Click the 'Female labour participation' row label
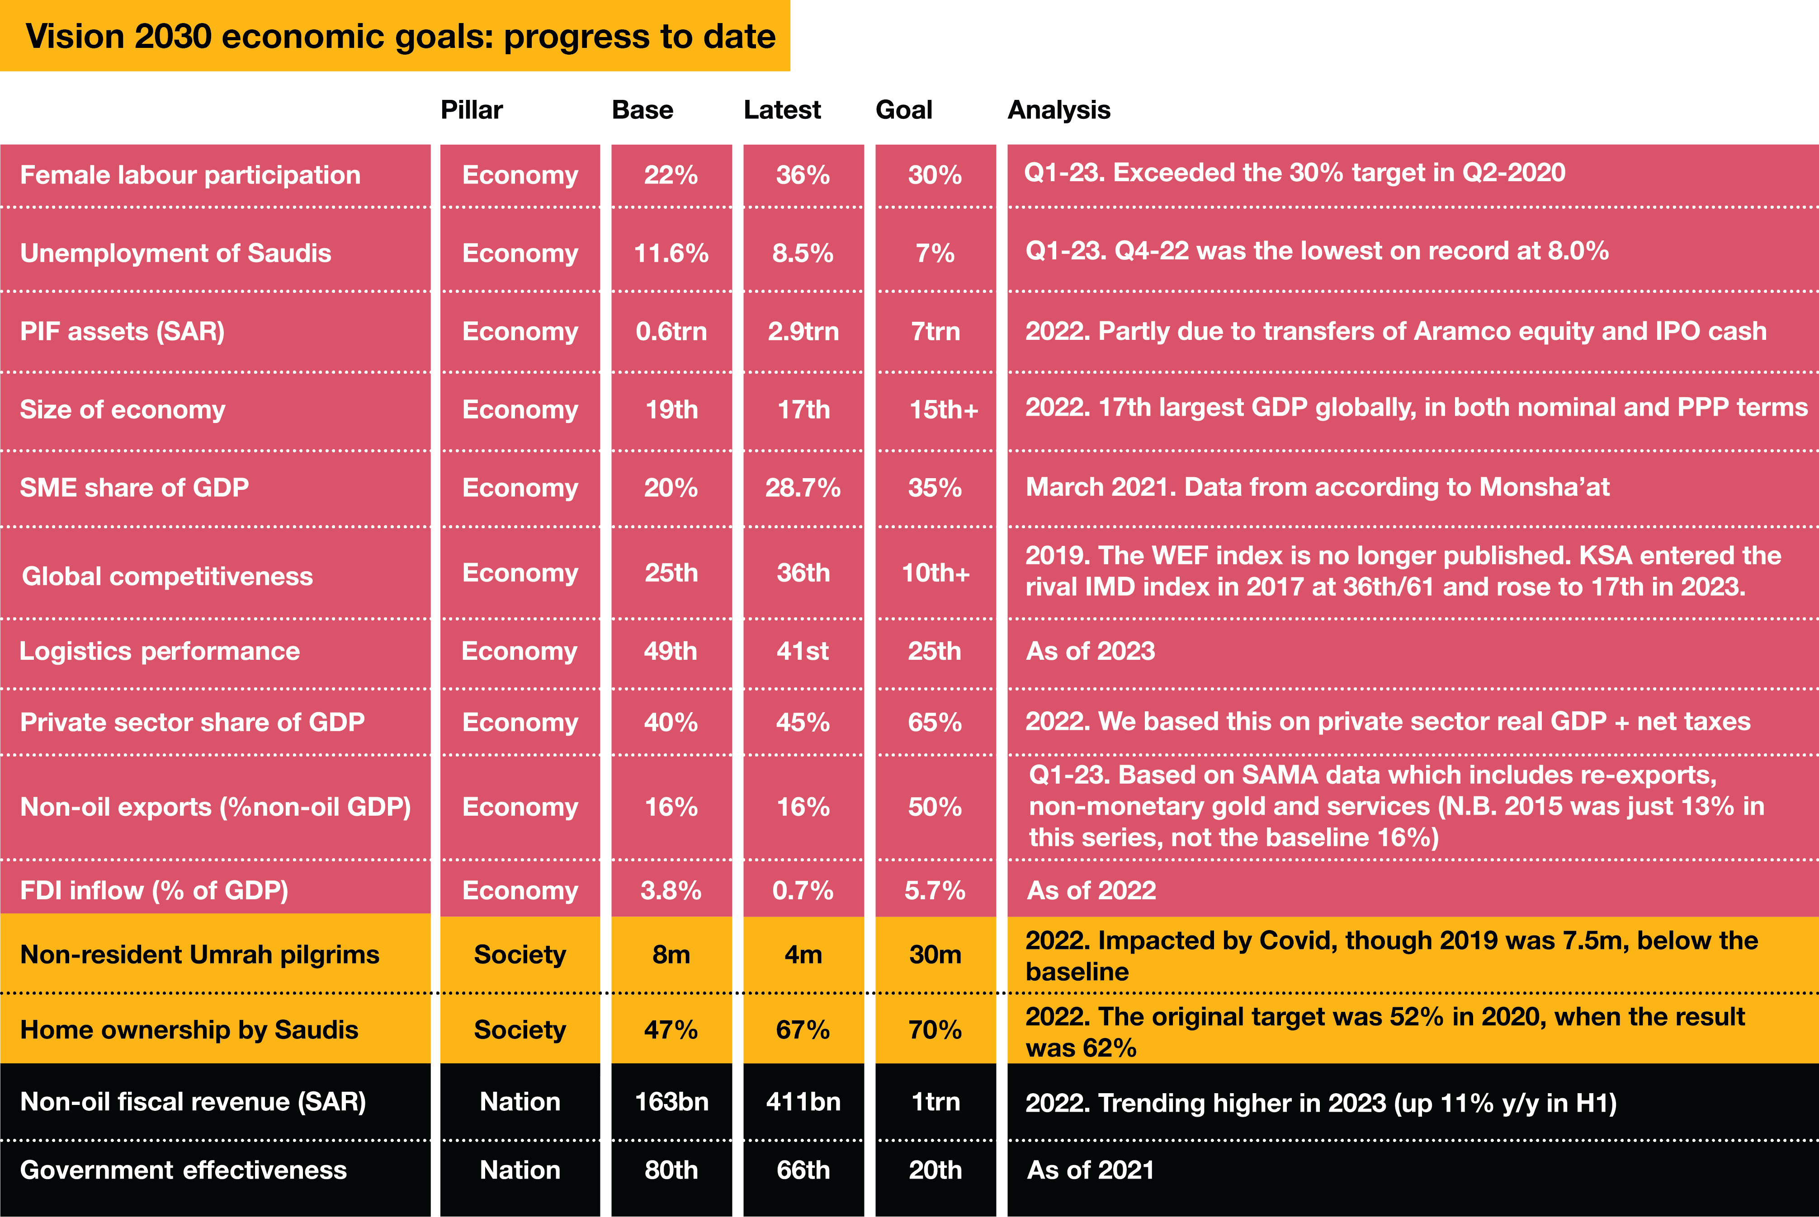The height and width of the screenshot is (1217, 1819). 190,175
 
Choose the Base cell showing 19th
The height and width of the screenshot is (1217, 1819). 671,410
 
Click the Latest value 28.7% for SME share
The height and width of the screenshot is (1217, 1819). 803,488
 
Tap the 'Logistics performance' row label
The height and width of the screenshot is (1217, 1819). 159,651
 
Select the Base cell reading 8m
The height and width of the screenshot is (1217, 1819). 671,954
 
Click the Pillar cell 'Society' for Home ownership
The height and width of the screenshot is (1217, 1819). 520,1030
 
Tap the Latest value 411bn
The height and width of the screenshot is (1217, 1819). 803,1102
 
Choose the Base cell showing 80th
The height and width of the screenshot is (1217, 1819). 671,1170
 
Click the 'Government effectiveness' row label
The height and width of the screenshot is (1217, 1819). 183,1170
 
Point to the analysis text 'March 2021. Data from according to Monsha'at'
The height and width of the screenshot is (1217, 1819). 1318,488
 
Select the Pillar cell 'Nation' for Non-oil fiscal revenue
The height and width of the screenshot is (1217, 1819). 520,1102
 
